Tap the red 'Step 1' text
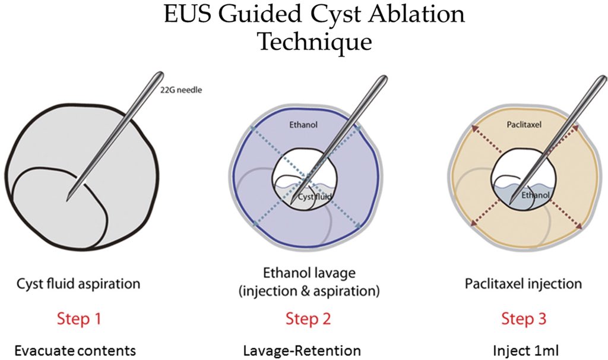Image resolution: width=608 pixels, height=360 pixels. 79,318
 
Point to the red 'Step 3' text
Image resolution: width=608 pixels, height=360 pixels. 524,318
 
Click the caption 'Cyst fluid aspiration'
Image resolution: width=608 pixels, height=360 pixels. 79,283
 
